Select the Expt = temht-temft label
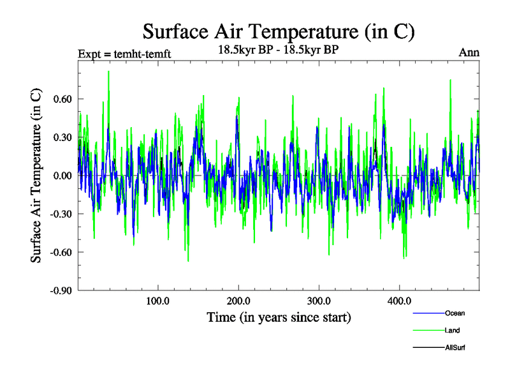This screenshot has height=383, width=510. (124, 54)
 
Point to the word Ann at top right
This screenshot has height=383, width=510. (469, 52)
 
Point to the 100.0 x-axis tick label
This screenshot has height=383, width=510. (157, 301)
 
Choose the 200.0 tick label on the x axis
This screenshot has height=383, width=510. (238, 301)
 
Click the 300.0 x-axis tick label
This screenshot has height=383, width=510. (318, 301)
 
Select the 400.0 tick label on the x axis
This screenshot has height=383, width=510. (398, 301)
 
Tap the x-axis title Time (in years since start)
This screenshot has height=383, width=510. (279, 317)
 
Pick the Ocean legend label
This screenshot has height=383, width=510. (455, 313)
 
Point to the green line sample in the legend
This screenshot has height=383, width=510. (428, 331)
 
